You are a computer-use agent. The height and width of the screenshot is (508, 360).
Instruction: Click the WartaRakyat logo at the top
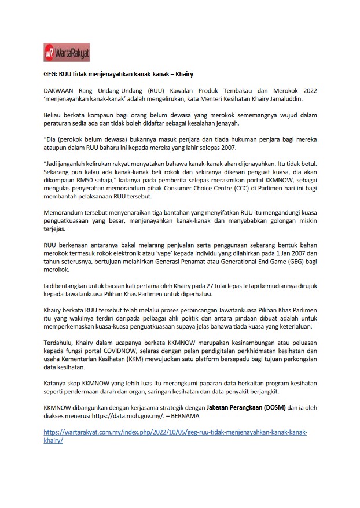tap(67, 53)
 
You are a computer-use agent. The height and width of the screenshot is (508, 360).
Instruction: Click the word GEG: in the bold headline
tap(52, 75)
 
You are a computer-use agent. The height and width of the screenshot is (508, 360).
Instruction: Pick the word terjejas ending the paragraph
tap(56, 229)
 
